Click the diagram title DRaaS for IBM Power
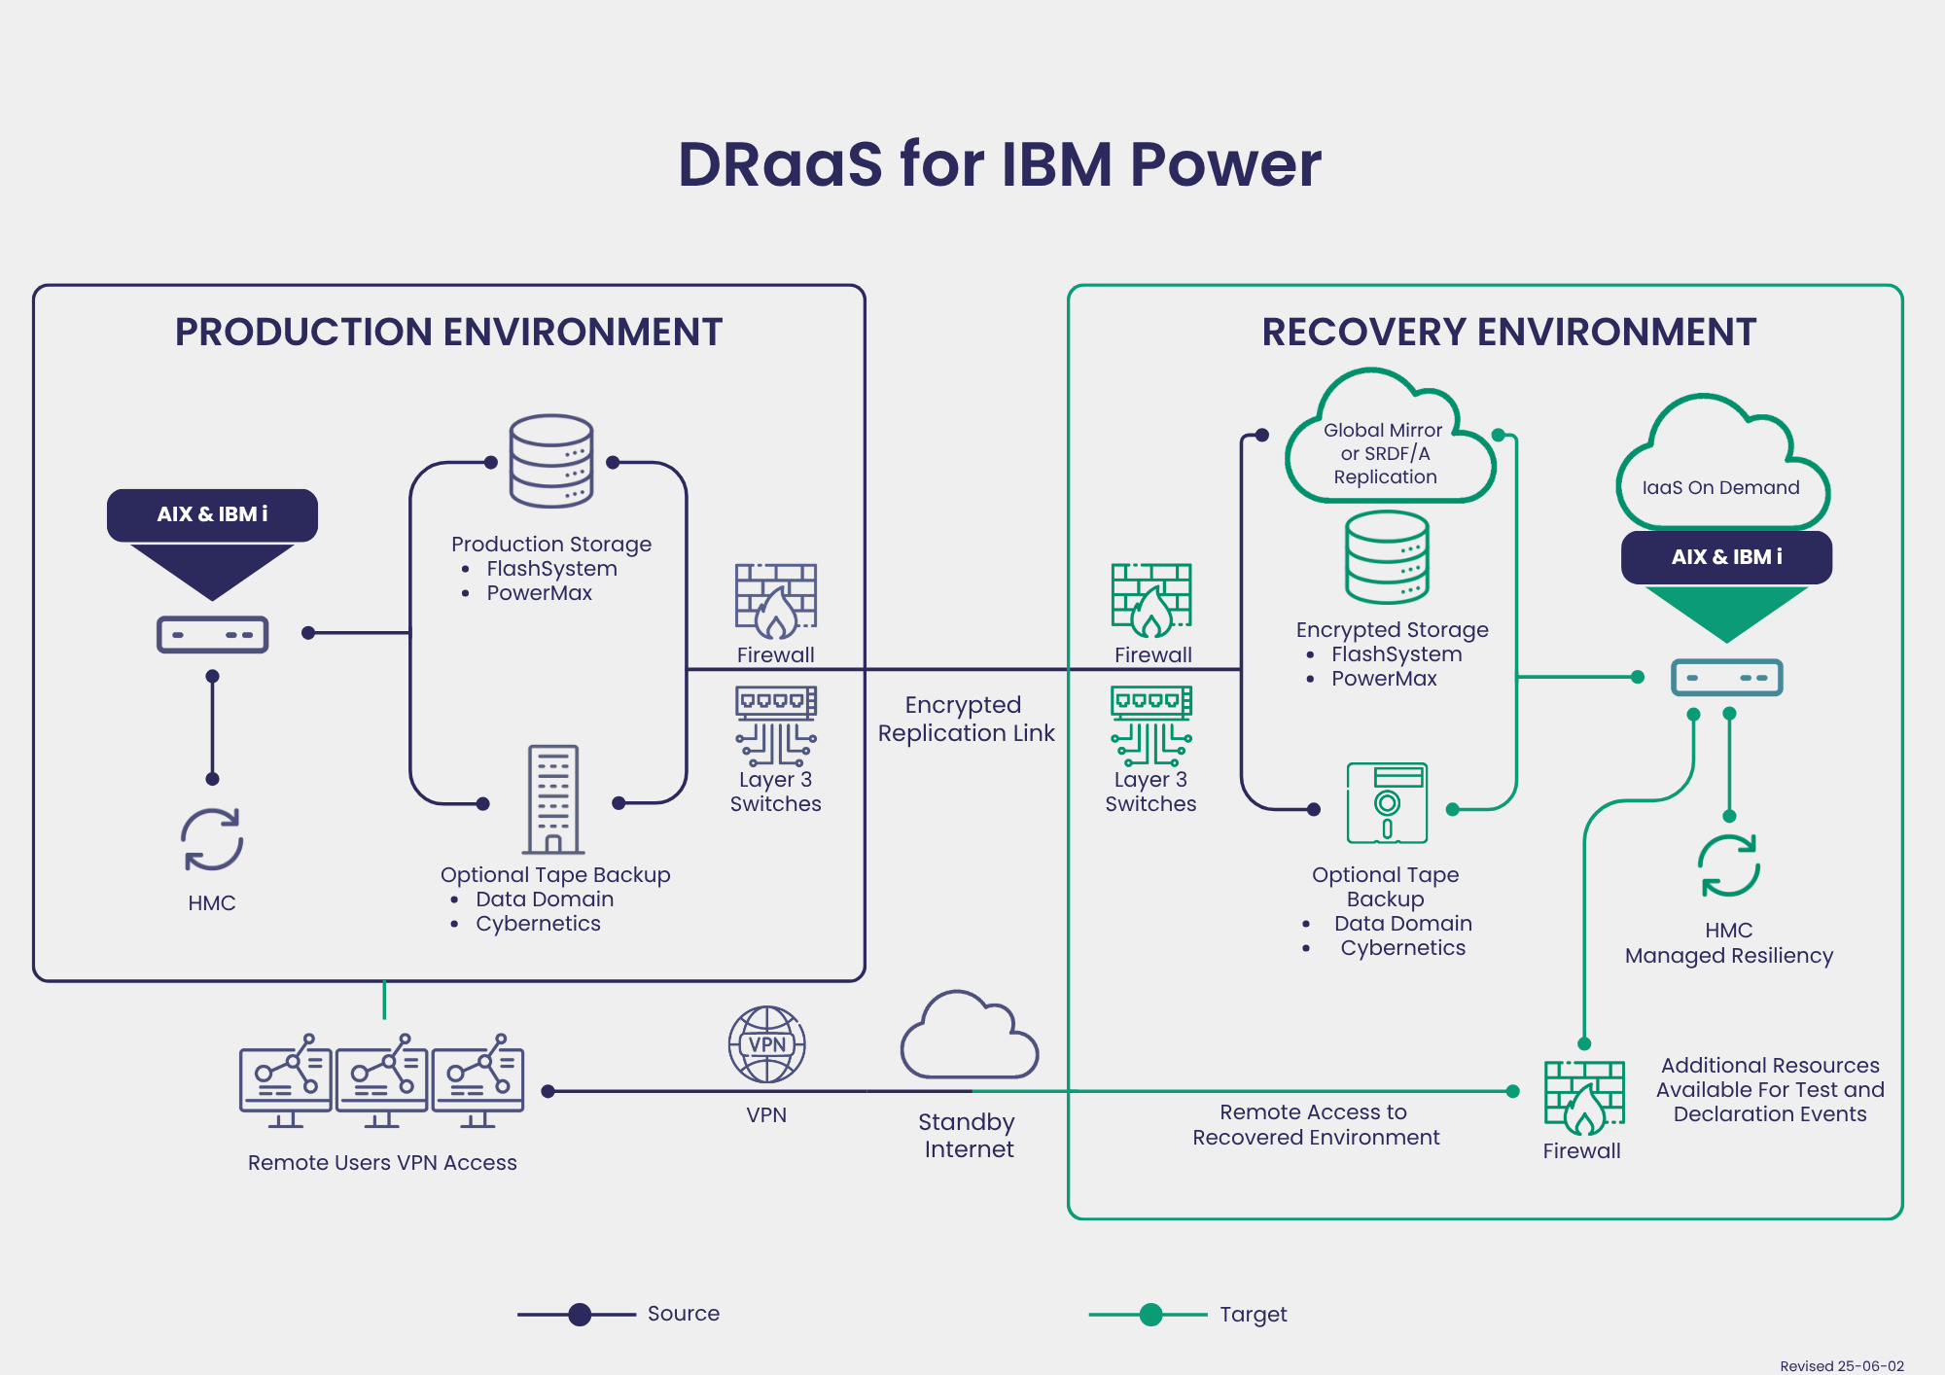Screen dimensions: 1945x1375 coord(1000,163)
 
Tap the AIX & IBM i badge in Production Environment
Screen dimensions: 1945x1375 coord(212,514)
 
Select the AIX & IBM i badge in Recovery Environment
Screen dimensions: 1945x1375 coord(1726,557)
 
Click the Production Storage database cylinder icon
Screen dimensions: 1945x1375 coord(551,461)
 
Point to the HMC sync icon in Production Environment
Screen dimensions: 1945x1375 coord(212,840)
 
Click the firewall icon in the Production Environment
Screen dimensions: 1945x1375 coord(776,602)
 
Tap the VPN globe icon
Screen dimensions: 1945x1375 coord(767,1044)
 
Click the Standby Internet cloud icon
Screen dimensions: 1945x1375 coord(970,1036)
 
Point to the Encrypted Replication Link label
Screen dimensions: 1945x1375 coord(966,719)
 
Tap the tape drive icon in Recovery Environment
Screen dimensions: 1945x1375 coord(1387,803)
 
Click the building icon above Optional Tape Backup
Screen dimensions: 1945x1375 coord(553,799)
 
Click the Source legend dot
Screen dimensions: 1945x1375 coord(580,1315)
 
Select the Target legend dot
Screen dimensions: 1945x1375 coord(1150,1315)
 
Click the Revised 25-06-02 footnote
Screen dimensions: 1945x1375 coord(1842,1366)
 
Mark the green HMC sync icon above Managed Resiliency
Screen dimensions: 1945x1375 coord(1729,866)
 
